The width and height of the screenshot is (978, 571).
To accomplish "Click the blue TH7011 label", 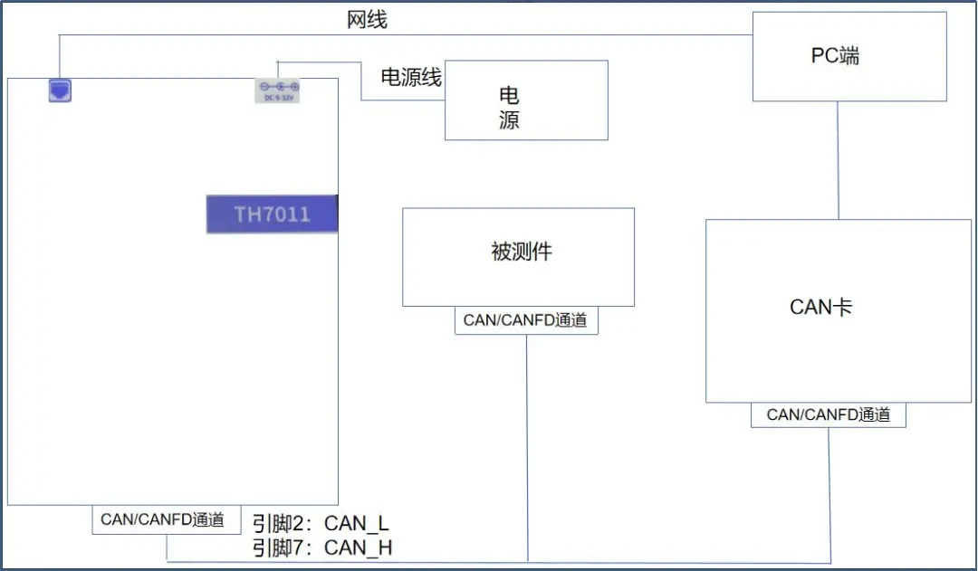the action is tap(272, 214).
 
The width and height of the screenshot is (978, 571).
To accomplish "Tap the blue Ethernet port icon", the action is tap(60, 91).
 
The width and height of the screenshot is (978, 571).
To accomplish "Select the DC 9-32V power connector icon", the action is tap(278, 90).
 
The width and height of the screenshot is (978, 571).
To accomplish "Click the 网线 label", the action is tap(367, 19).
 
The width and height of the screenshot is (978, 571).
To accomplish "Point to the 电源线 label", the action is tap(411, 77).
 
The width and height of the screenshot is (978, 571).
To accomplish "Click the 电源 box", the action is tap(526, 100).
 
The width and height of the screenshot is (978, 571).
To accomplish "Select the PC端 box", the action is tap(849, 57).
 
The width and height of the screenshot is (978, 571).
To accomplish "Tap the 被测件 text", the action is tap(522, 252).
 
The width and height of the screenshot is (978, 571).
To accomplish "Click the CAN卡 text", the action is tap(820, 307).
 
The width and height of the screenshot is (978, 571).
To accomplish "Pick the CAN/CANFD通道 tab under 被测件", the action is tap(526, 320).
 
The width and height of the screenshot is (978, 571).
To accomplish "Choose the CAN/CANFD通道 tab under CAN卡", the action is tap(829, 415).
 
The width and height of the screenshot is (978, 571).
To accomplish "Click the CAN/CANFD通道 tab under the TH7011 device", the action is tap(167, 520).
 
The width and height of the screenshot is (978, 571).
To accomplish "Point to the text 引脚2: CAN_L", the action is tap(321, 523).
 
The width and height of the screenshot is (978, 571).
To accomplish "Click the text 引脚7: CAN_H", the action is tap(321, 548).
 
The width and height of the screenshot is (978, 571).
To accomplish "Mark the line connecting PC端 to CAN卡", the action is tap(838, 160).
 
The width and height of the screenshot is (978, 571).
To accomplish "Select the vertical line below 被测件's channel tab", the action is tap(527, 448).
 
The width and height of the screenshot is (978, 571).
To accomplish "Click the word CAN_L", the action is tap(357, 523).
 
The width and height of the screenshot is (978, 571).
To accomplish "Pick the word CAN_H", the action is tap(358, 548).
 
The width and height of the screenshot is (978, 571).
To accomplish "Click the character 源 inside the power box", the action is tap(509, 119).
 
